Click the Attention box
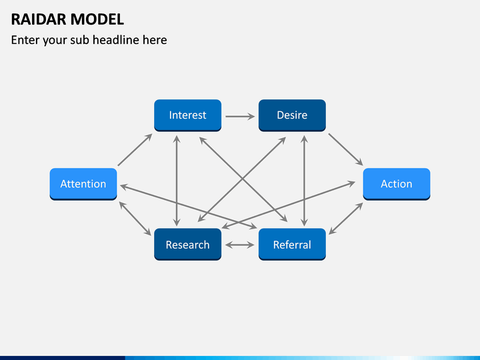point(83,184)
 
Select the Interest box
point(187,115)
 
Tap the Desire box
point(292,115)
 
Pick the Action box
point(397,184)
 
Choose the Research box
point(187,244)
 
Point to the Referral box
point(292,244)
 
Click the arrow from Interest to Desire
point(240,116)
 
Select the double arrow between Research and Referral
point(240,245)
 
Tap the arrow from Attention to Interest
point(135,150)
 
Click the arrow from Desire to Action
point(345,149)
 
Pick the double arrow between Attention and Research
point(135,219)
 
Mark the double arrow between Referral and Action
point(346,219)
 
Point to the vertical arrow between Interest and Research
point(177,181)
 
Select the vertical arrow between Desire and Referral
point(304,181)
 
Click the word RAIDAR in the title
point(38,19)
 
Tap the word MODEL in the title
point(97,19)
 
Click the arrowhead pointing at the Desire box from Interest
point(251,116)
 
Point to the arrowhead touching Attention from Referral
point(124,187)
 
